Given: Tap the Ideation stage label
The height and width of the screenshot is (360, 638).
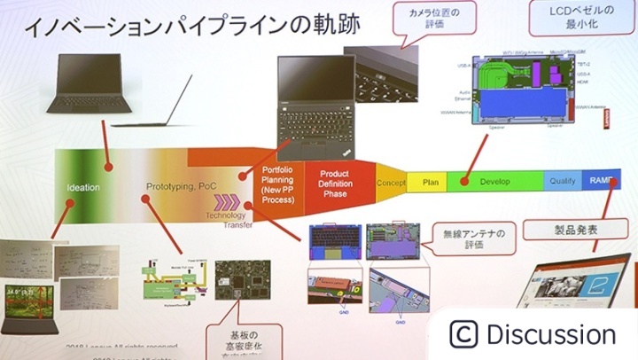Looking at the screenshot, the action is pos(83,188).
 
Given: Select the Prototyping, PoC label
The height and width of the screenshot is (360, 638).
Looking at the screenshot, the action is pos(181,187).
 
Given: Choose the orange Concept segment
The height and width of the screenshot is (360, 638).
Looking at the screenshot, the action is pos(391,183).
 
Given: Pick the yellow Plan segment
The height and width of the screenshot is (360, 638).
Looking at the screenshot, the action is pos(431,182).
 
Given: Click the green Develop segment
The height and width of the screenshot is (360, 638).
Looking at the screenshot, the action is pos(495,181).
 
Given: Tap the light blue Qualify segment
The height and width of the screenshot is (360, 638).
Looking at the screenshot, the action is pos(562,180).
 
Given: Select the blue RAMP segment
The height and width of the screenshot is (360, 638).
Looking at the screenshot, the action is pos(599,180).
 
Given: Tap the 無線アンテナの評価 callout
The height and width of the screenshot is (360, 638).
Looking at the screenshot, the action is pos(473,240).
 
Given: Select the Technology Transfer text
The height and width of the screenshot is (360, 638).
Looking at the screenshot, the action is pos(230,220).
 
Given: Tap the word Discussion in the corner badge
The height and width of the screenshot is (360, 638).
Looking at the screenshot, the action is pos(550,335).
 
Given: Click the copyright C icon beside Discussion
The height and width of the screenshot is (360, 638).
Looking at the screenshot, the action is pos(463,334).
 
